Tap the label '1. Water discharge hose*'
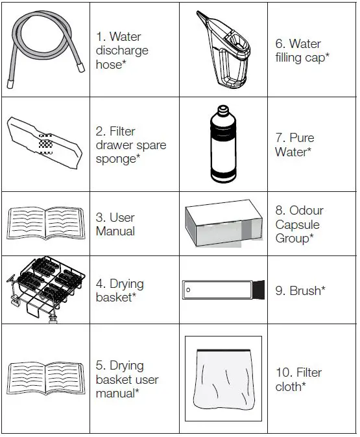click(121, 50)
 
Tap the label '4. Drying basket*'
click(119, 290)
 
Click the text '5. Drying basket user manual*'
click(126, 379)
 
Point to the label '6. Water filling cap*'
click(302, 50)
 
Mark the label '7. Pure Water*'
click(295, 145)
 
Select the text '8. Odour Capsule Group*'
click(300, 225)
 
